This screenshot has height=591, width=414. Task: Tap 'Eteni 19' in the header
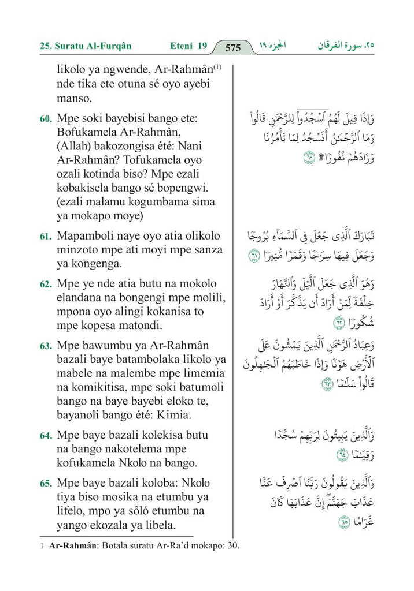(188, 46)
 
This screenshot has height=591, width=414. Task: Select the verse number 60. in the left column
(46, 119)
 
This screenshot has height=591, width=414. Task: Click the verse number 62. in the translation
(46, 284)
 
